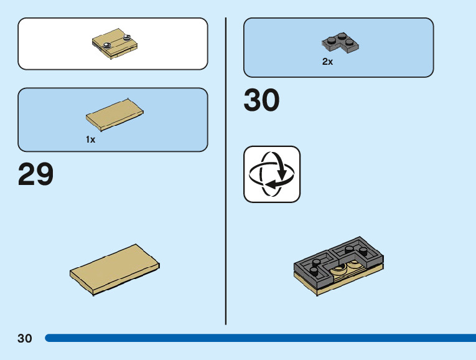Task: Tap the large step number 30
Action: pos(261,101)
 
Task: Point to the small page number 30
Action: pos(25,338)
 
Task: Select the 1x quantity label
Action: pos(91,140)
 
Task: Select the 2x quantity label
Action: pos(327,62)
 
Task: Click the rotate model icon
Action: pos(271,174)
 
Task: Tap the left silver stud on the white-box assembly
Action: pos(108,43)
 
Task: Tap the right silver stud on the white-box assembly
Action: pos(128,39)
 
